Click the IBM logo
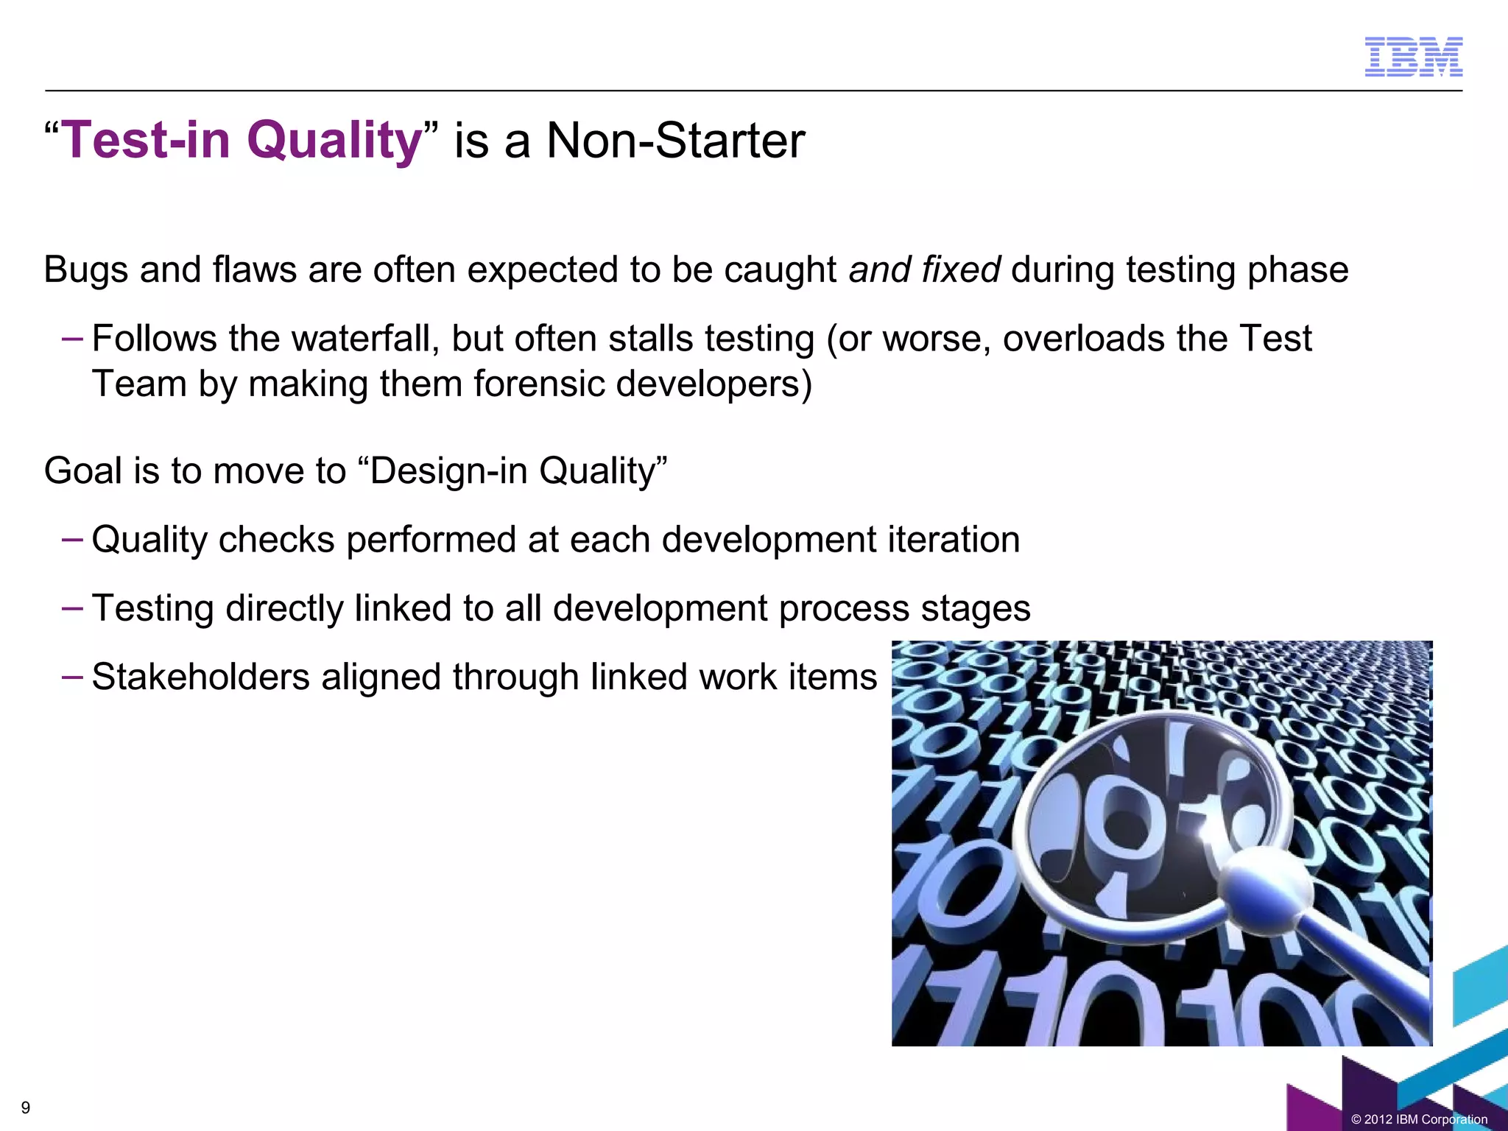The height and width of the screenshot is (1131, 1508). point(1413,57)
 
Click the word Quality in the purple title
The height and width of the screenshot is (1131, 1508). point(334,140)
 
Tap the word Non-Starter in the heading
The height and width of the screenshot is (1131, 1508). point(675,140)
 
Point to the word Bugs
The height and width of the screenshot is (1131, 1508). point(86,269)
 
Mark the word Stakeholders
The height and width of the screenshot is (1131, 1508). point(200,677)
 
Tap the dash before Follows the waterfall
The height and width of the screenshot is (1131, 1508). point(72,339)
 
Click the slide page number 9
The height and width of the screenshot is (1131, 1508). point(26,1107)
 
